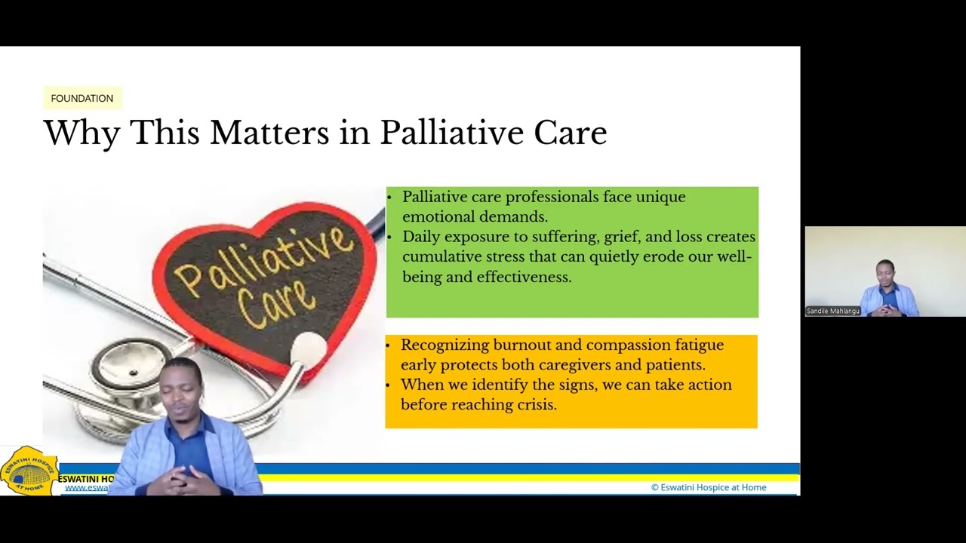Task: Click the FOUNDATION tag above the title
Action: pyautogui.click(x=82, y=98)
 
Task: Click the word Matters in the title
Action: pyautogui.click(x=269, y=133)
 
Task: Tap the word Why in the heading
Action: pyautogui.click(x=82, y=133)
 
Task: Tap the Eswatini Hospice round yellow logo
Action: pyautogui.click(x=29, y=471)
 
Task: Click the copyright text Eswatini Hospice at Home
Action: pyautogui.click(x=709, y=487)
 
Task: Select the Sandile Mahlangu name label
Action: pyautogui.click(x=833, y=311)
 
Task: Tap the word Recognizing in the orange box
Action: pyautogui.click(x=445, y=345)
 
